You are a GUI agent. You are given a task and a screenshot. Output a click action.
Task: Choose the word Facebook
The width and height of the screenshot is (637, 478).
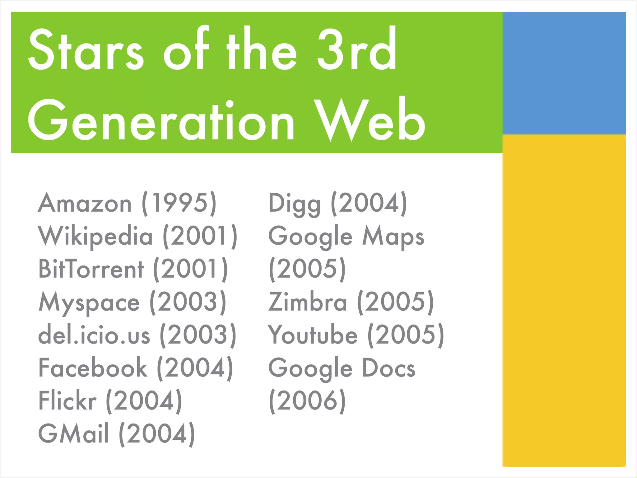[x=93, y=368]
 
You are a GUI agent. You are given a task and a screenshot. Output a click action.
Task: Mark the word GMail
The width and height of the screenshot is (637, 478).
[x=73, y=434]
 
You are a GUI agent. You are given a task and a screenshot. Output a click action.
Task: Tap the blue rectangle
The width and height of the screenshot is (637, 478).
[x=564, y=73]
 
